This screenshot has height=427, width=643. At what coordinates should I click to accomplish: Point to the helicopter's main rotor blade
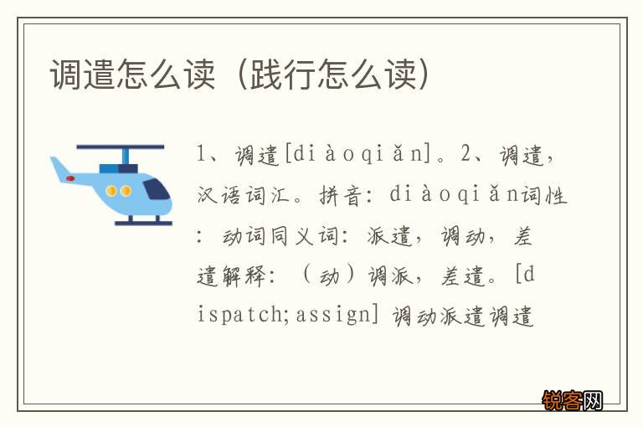126,148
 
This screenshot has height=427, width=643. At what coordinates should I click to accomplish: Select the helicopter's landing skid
143,223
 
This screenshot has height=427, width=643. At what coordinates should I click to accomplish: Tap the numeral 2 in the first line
466,155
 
